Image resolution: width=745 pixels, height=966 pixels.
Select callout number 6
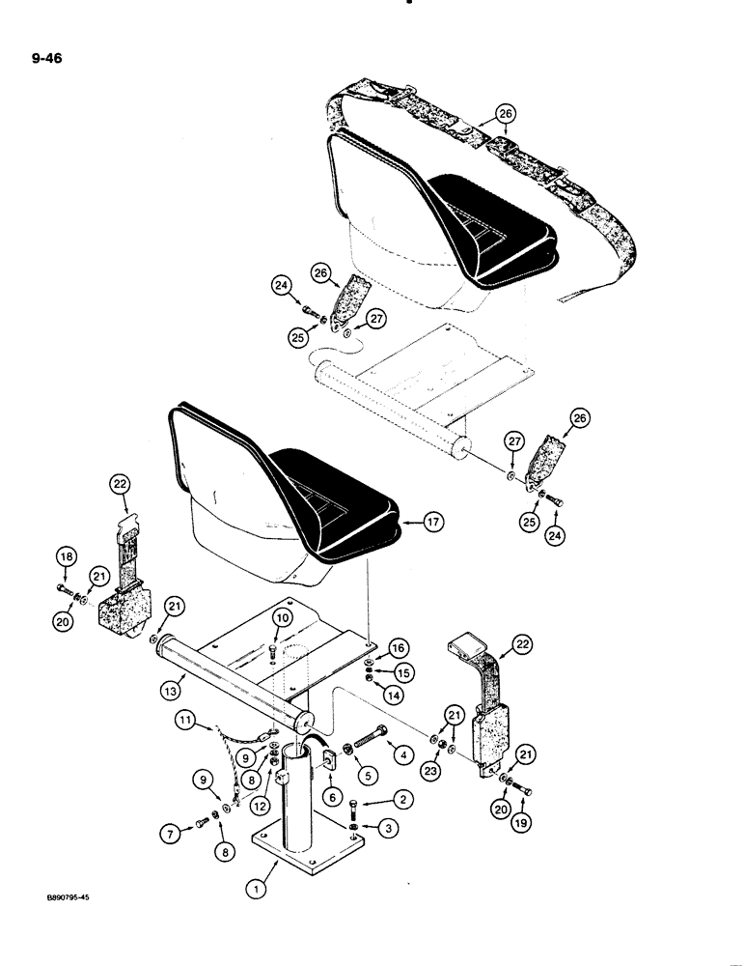(x=332, y=797)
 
